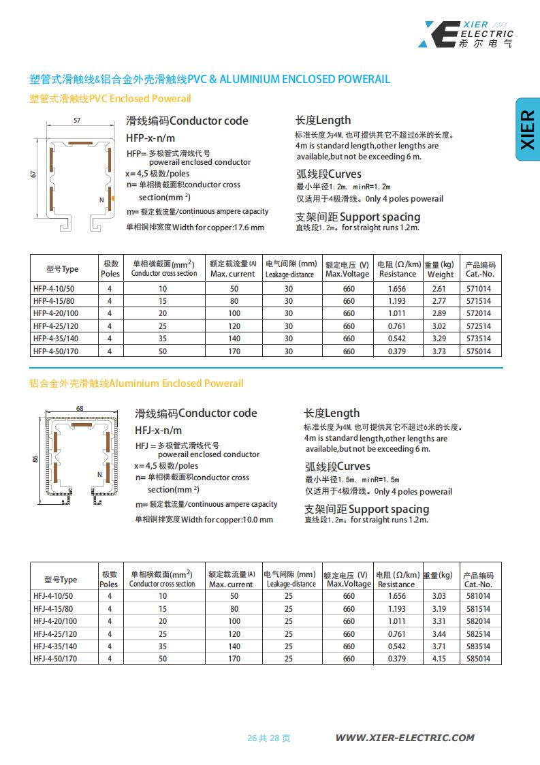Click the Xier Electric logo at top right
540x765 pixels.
466,34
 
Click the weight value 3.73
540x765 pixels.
439,352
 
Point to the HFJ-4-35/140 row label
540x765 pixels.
55,646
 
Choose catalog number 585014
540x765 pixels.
478,659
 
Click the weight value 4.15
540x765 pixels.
439,659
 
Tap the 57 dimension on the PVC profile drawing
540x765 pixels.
77,121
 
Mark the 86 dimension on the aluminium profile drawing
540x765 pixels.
35,459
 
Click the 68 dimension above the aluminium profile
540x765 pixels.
80,408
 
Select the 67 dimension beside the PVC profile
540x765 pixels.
33,174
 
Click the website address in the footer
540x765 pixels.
404,738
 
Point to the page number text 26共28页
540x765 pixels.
268,738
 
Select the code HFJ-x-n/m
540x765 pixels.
159,430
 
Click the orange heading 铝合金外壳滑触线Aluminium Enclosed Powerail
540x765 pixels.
136,384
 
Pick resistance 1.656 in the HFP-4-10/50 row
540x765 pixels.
396,289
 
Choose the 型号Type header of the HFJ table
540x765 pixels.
61,580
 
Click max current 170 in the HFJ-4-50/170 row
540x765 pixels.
234,659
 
